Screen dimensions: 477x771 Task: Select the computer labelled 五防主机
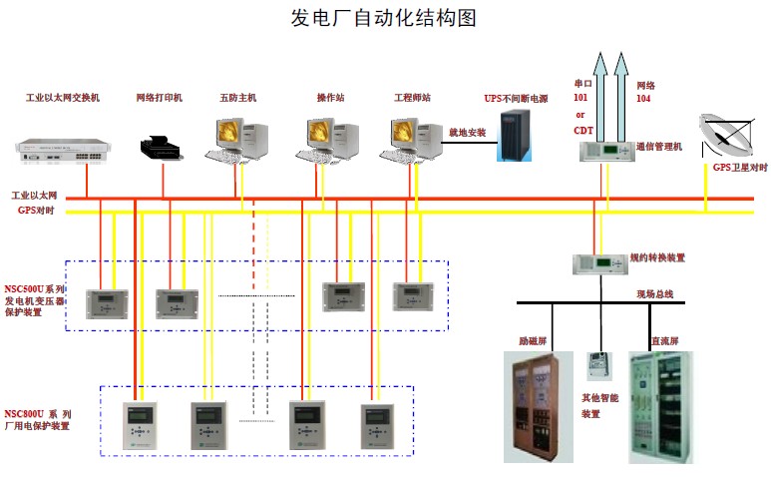237,139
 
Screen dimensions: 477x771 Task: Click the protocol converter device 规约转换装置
598,263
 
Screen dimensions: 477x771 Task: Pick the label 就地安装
466,132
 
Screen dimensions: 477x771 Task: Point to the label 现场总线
654,293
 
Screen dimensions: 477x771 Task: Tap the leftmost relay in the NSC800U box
137,424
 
